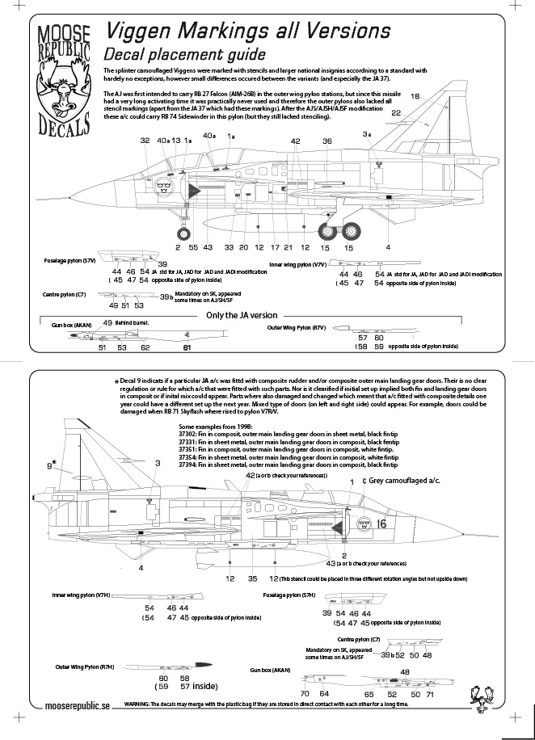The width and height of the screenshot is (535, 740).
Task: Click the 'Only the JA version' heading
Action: (x=242, y=315)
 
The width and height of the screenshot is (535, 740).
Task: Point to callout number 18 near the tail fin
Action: (x=415, y=97)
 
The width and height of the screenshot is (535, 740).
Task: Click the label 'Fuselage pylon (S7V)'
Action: (x=70, y=263)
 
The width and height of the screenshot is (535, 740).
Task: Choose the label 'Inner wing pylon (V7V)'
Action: (x=297, y=263)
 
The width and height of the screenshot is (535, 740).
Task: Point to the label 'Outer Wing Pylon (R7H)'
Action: (x=85, y=667)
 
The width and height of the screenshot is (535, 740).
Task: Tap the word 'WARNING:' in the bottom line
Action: (x=141, y=704)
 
